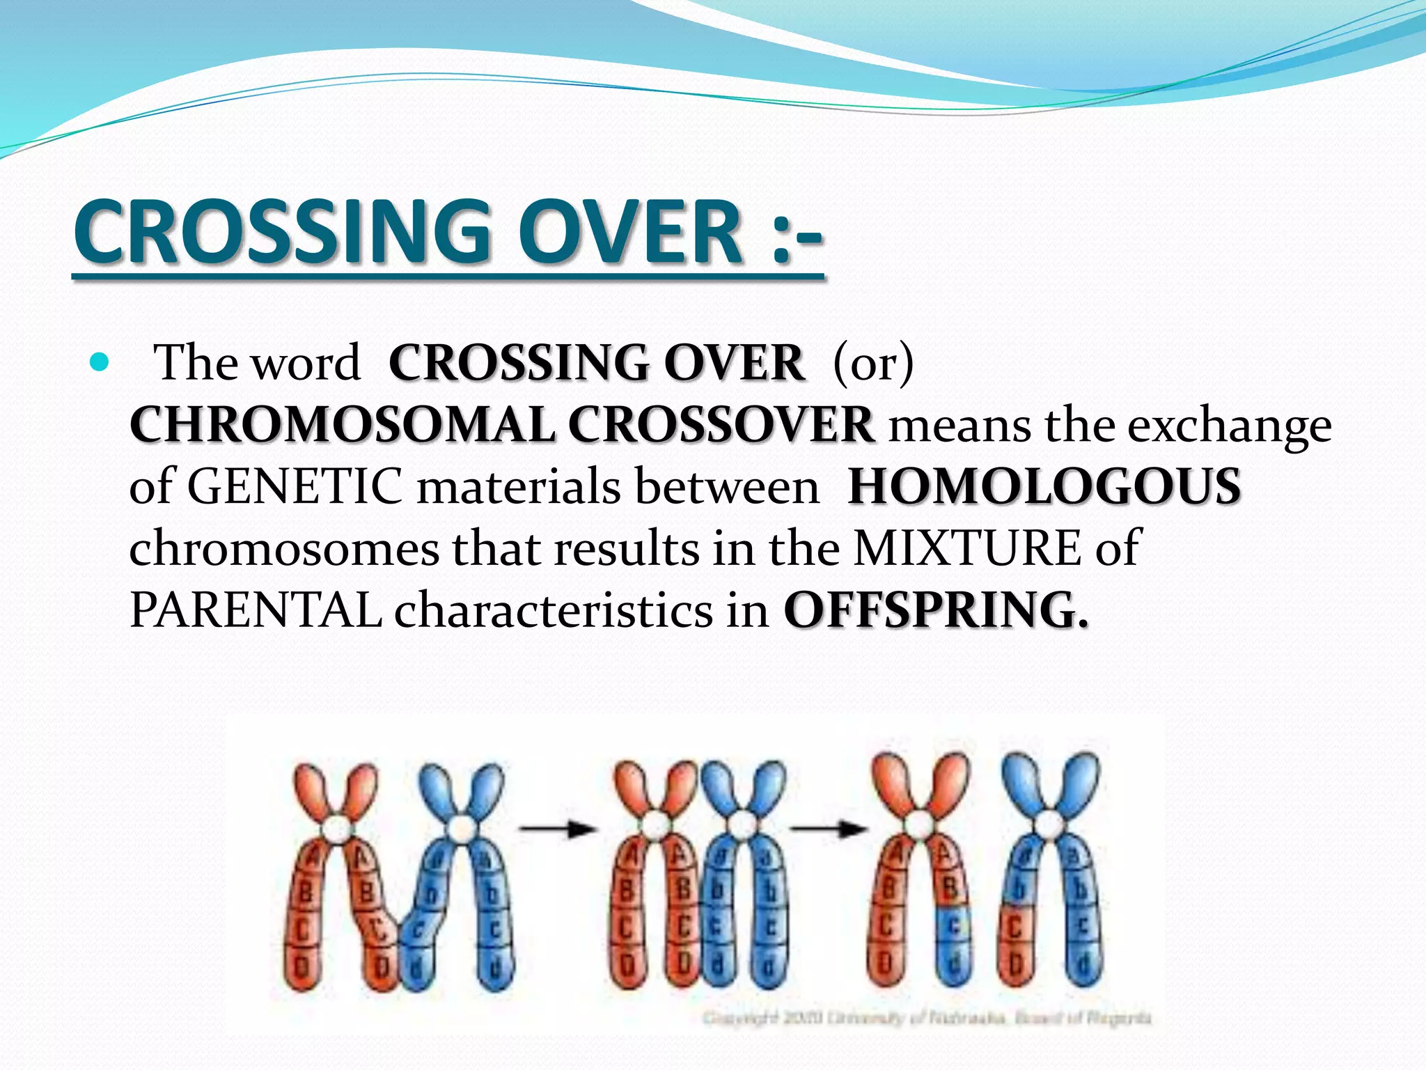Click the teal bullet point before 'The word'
(x=100, y=362)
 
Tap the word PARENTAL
(x=255, y=610)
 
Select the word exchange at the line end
(x=1229, y=424)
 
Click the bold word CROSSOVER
(x=721, y=424)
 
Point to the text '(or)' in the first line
(x=873, y=362)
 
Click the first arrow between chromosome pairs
(x=557, y=829)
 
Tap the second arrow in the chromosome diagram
(x=829, y=829)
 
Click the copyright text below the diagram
(x=926, y=1018)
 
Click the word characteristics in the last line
(x=554, y=610)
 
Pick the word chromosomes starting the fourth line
(x=284, y=548)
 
